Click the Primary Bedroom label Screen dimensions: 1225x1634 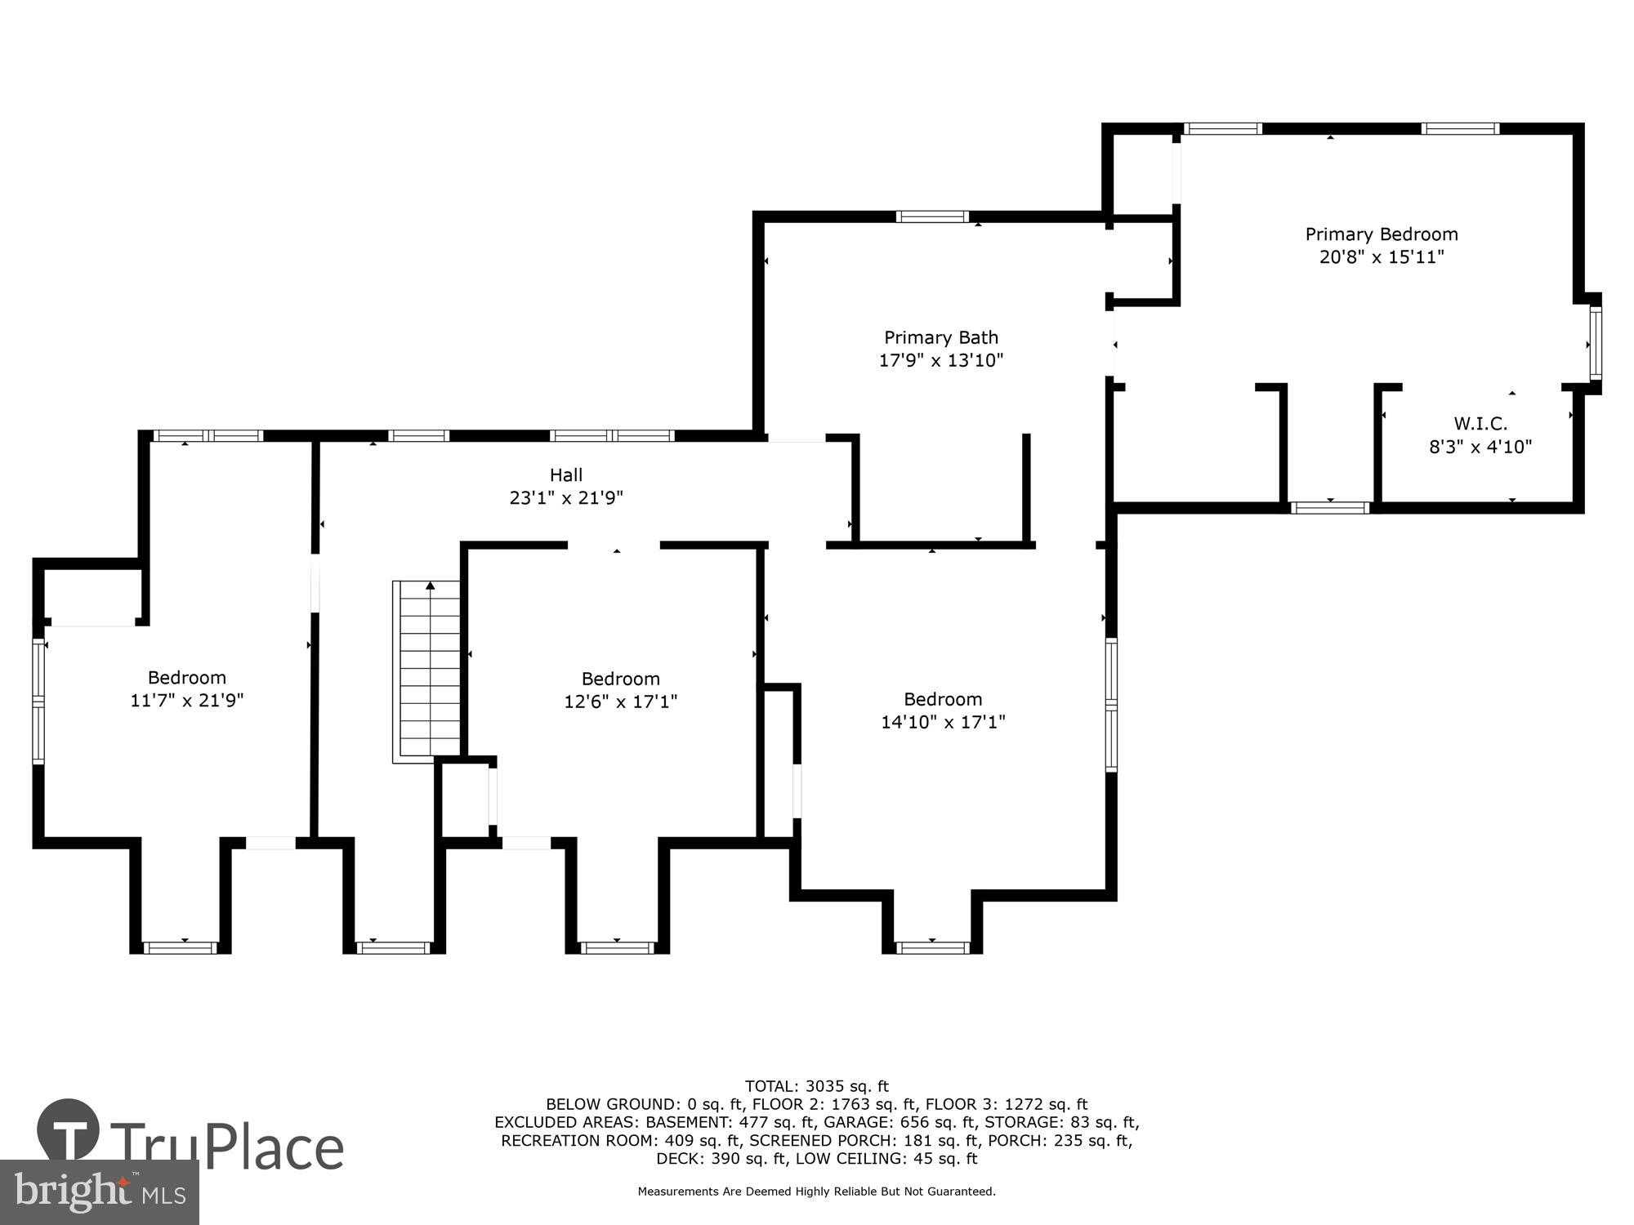(1382, 234)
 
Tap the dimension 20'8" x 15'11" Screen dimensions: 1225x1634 (1382, 257)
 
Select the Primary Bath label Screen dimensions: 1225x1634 (941, 337)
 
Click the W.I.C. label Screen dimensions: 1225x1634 (1480, 424)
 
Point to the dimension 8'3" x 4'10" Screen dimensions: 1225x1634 (1480, 447)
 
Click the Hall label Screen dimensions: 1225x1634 (566, 474)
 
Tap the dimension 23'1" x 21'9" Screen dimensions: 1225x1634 (566, 497)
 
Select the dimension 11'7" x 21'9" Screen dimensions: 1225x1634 (187, 700)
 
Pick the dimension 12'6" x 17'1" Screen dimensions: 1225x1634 (620, 702)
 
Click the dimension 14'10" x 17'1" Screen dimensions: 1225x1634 (943, 722)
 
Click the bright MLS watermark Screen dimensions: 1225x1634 (99, 1192)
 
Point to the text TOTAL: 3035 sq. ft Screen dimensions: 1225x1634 (816, 1086)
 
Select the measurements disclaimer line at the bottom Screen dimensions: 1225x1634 (816, 1192)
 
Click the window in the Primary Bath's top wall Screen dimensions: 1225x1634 (932, 216)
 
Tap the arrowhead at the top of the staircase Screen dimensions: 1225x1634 (430, 585)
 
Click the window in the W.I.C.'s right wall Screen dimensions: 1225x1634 (1595, 343)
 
